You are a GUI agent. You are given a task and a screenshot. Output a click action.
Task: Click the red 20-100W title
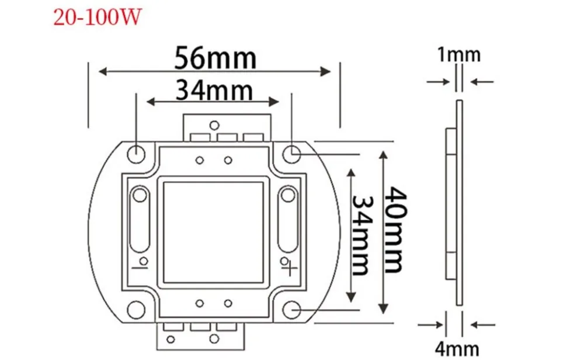click(x=98, y=17)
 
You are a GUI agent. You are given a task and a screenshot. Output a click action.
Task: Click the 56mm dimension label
click(x=215, y=58)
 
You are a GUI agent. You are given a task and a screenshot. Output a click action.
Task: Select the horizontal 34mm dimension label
click(x=214, y=90)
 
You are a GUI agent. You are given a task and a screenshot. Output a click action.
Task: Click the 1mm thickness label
click(x=459, y=54)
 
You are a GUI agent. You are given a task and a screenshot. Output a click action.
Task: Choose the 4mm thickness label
click(x=457, y=349)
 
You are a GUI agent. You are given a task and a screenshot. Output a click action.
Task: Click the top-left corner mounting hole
click(x=136, y=154)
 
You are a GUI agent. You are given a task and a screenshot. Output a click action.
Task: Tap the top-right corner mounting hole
click(x=291, y=154)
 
